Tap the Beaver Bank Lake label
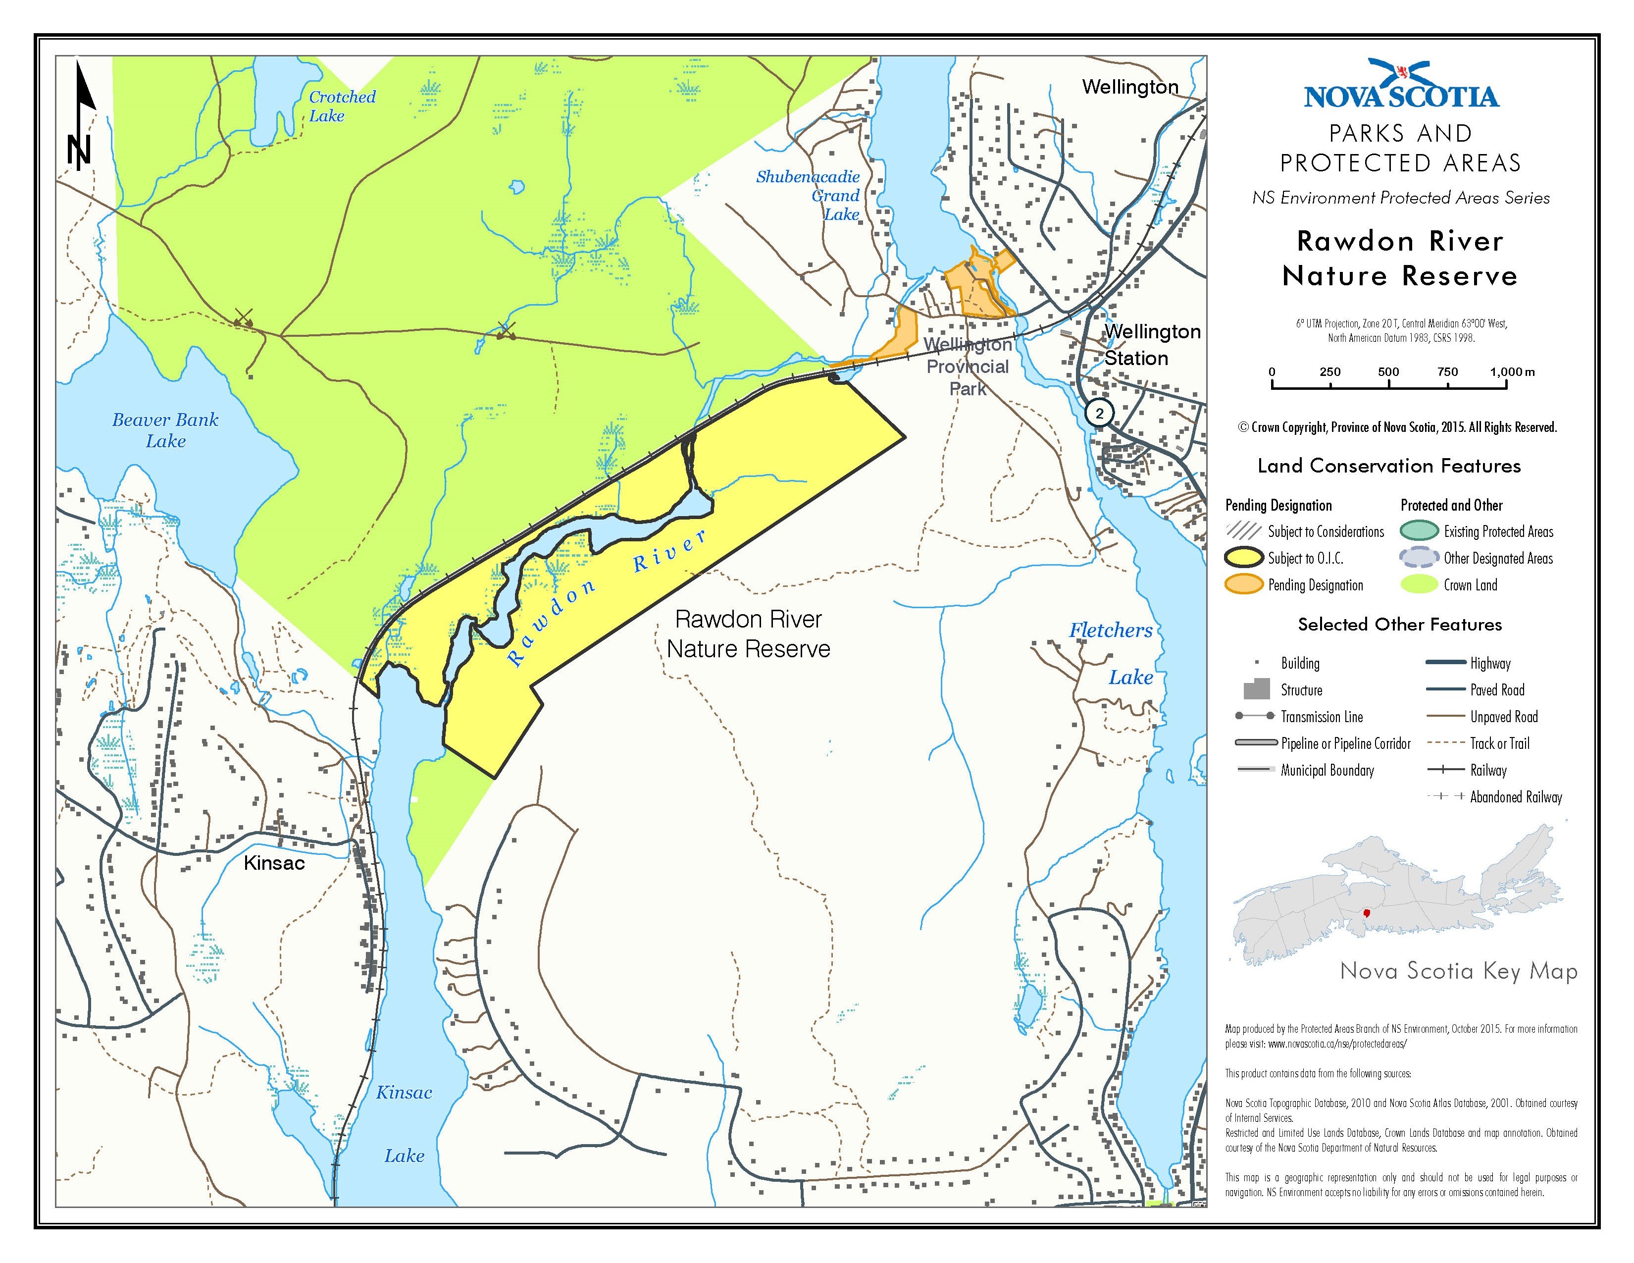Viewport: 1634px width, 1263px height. click(165, 430)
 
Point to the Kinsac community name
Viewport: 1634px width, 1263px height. click(274, 863)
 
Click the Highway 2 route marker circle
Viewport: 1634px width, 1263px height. click(1098, 413)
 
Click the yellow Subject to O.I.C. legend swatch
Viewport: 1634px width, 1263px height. click(1243, 558)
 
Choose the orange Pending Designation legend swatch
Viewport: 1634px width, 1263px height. click(1243, 585)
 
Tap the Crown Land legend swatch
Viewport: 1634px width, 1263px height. click(1419, 585)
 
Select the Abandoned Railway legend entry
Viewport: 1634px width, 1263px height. click(1516, 797)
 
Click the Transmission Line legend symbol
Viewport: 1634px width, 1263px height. click(1255, 717)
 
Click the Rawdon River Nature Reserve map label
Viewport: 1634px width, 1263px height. click(748, 634)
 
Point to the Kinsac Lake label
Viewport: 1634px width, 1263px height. click(404, 1124)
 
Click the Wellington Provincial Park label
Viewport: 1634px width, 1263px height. click(968, 367)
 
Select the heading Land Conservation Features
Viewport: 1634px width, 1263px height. click(1388, 466)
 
